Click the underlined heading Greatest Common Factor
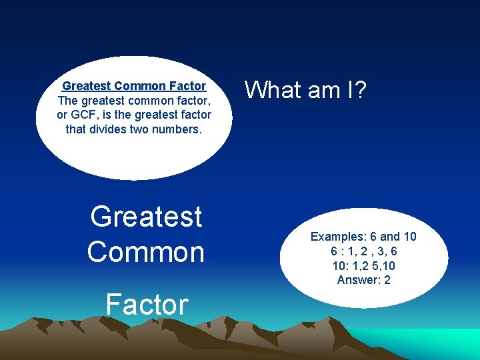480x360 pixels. (x=134, y=86)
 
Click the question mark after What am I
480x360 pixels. (x=360, y=89)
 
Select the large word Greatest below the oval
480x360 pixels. (x=146, y=217)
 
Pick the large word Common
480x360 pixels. (x=145, y=252)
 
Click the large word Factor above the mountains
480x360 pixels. (x=147, y=304)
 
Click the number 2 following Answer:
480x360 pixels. (x=387, y=280)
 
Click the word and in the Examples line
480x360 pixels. (x=390, y=237)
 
